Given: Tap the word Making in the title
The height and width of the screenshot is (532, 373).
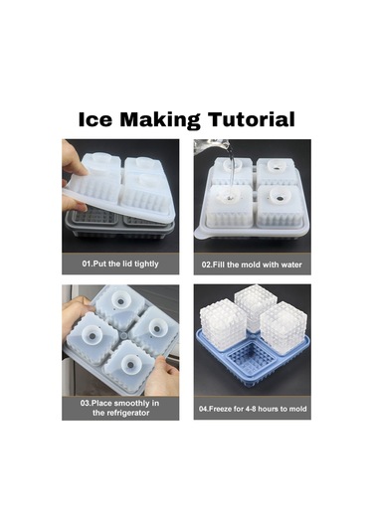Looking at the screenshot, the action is pos(160,120).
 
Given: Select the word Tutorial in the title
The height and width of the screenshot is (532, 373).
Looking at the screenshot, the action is pos(252,119).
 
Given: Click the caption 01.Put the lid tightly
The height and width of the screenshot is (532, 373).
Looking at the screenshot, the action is pos(120,264).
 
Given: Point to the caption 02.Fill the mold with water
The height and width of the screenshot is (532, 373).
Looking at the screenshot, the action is pos(252,265).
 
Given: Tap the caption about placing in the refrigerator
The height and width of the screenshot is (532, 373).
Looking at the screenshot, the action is pos(119,408).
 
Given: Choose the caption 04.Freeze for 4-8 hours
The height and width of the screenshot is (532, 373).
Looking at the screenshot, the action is pos(253,409).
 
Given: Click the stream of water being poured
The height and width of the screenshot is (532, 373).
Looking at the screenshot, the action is pos(231,170).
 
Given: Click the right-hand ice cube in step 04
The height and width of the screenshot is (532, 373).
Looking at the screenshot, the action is pos(283,328).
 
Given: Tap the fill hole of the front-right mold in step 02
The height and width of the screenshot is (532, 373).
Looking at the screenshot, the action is pos(279,197).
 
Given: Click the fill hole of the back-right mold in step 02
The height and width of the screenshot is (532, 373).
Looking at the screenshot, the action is pos(277,166).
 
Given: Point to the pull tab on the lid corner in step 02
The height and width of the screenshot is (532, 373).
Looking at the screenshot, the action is pos(200,235).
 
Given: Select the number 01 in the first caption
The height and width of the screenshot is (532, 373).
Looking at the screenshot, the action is pos(86,264).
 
